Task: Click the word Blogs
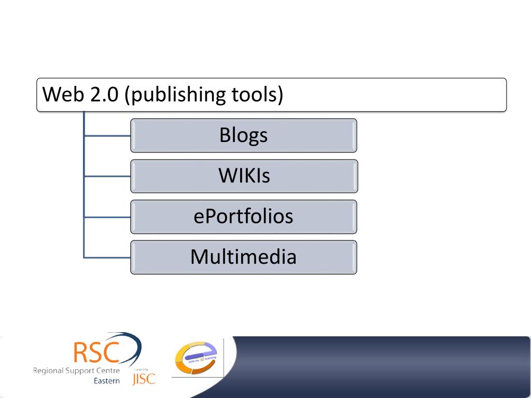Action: tap(243, 135)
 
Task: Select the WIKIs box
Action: tap(244, 176)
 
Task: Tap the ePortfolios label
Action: tap(243, 216)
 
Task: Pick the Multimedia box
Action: tap(243, 257)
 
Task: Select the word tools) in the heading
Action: tap(258, 95)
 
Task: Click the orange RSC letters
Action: tap(96, 352)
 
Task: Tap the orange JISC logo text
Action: tap(144, 379)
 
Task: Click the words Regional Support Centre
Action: tap(76, 371)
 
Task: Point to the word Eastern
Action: tap(107, 381)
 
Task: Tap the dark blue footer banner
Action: tap(379, 365)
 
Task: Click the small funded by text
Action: tap(142, 368)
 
